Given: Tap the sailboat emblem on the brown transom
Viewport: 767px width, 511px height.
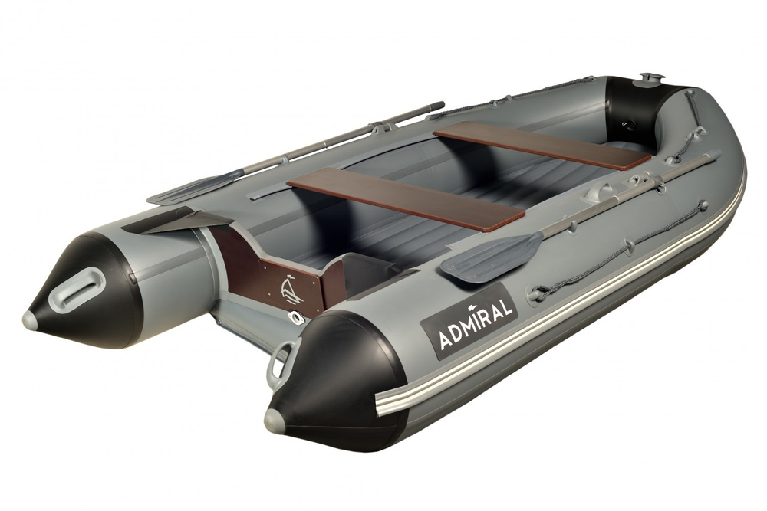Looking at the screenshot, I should (290, 290).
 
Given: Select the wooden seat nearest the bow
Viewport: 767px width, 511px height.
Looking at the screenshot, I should (542, 146).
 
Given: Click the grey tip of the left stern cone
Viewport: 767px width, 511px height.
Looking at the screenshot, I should (30, 319).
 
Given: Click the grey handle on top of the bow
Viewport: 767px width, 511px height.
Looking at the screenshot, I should (651, 78).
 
